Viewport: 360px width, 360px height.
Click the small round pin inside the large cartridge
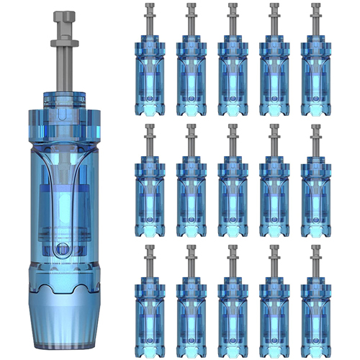click(62, 250)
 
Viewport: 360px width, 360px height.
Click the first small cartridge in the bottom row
click(150, 310)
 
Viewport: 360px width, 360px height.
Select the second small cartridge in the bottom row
click(192, 310)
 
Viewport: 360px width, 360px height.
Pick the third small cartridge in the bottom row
click(233, 310)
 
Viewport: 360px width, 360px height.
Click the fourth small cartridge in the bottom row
click(275, 310)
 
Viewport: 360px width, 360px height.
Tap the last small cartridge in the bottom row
click(316, 310)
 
